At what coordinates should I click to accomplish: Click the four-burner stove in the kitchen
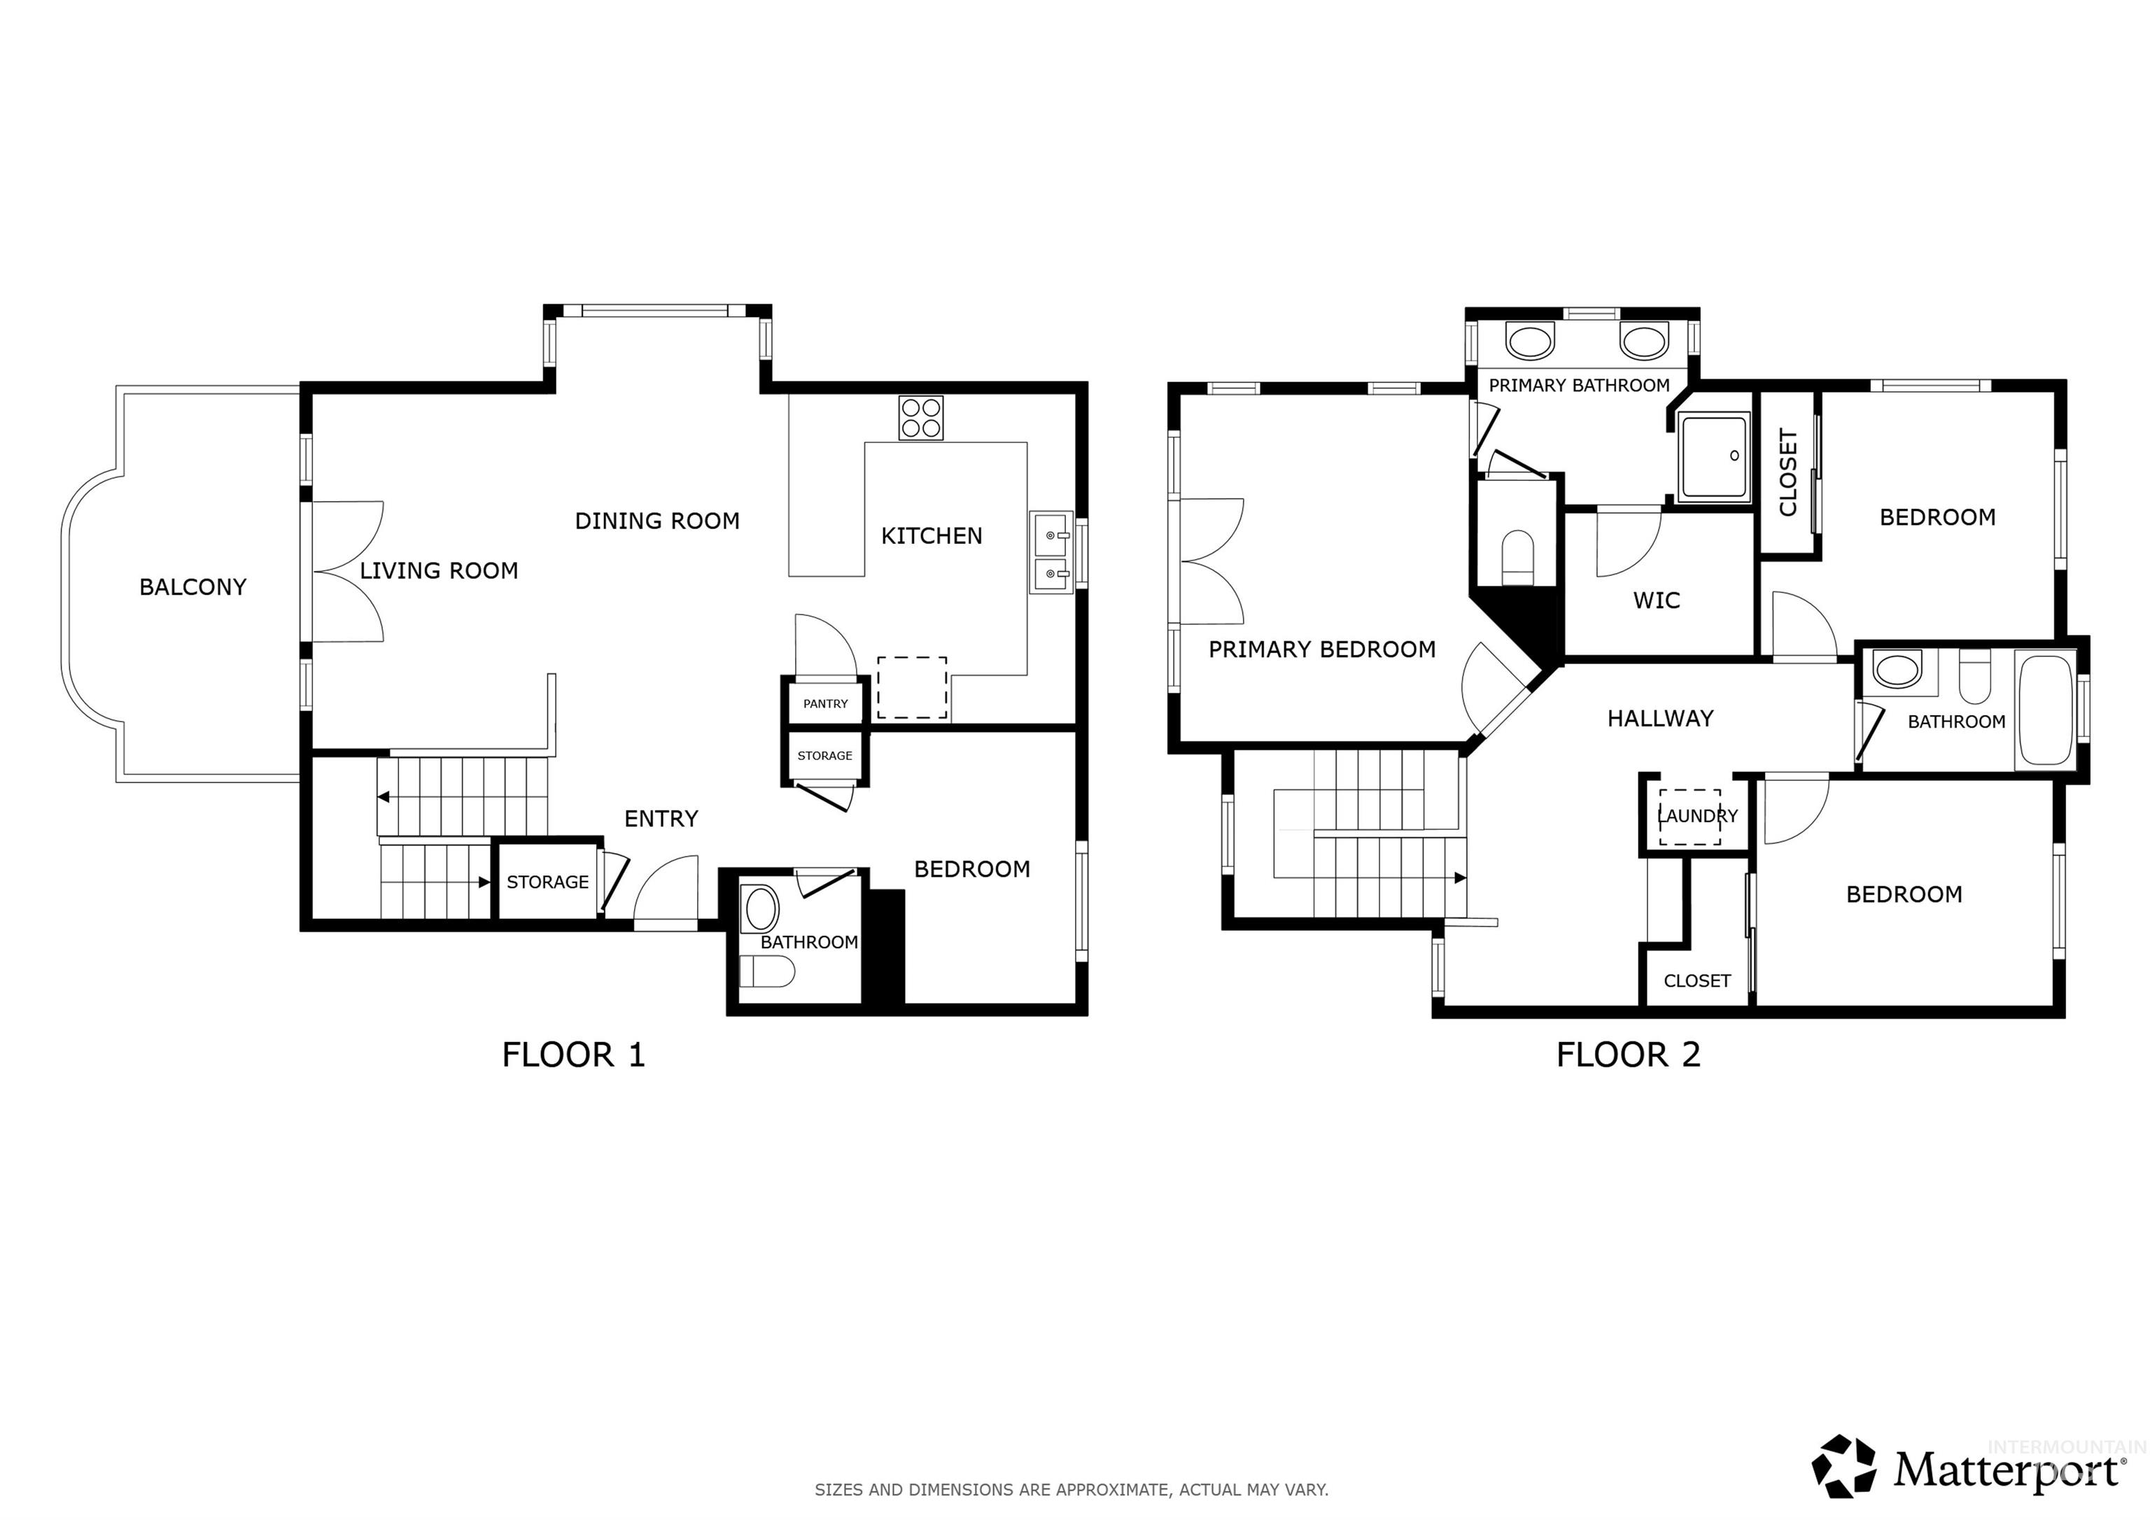pos(920,418)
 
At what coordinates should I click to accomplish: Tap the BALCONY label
pos(193,587)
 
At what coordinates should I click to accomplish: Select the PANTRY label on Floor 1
pos(825,703)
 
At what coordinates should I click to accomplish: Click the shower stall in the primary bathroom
pos(1714,458)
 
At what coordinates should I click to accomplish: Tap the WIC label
pos(1657,600)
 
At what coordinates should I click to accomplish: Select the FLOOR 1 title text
pos(573,1055)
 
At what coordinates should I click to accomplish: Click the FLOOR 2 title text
pos(1627,1055)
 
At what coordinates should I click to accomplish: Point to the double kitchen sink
pos(1051,553)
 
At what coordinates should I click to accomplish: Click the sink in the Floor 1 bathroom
pos(760,908)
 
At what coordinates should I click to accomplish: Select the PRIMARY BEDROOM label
pos(1321,649)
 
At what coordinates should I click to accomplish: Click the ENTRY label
pos(661,819)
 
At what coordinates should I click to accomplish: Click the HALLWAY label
pos(1659,718)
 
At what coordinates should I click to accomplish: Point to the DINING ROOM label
pos(656,521)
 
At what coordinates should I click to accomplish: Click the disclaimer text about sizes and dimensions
pos(1072,1489)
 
